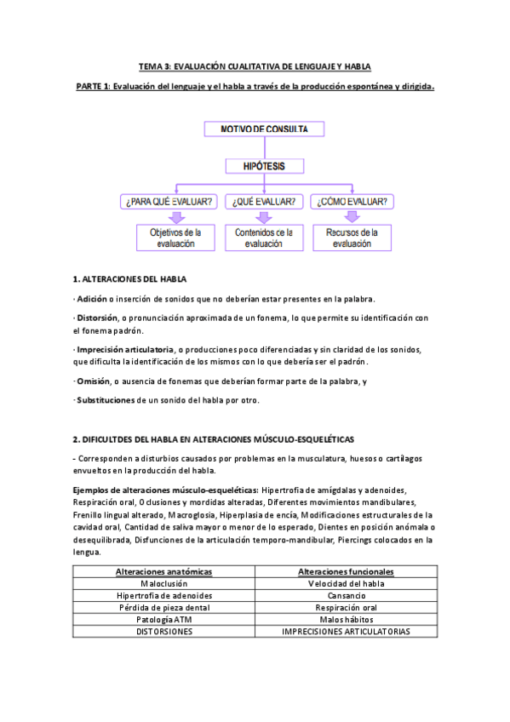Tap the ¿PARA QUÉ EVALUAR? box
tap(170, 202)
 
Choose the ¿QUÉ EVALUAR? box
tap(264, 202)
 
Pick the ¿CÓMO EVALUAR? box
tap(352, 202)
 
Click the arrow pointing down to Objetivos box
tap(177, 218)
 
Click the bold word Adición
tap(91, 299)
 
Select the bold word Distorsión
tap(96, 318)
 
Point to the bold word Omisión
tap(94, 381)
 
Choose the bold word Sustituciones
tap(106, 400)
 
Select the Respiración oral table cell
tap(345, 608)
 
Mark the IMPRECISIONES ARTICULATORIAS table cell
tap(345, 632)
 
